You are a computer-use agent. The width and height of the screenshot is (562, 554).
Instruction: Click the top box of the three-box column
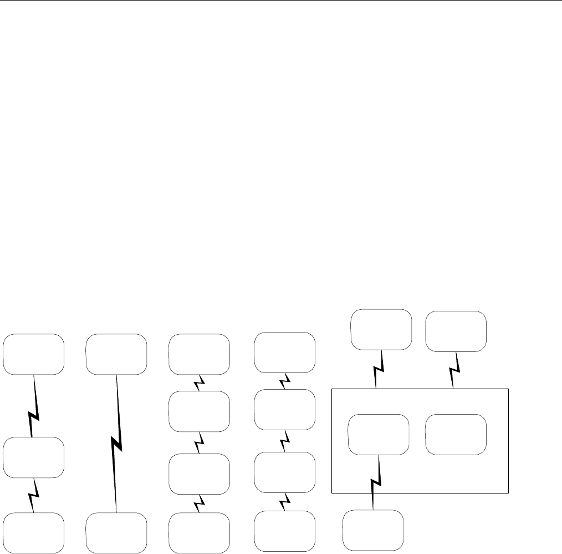[x=33, y=354]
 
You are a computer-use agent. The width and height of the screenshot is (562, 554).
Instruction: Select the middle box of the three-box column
[x=33, y=458]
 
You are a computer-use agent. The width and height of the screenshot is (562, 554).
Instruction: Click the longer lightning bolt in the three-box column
[x=33, y=406]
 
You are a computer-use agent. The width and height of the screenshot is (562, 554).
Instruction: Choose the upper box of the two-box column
[x=116, y=354]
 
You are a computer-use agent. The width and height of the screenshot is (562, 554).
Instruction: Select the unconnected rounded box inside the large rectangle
[x=456, y=434]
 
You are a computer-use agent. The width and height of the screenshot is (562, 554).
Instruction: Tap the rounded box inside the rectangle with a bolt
[x=378, y=434]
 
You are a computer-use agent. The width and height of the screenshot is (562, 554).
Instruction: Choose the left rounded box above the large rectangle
[x=382, y=330]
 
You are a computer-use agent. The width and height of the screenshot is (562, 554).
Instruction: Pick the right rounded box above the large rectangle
[x=456, y=331]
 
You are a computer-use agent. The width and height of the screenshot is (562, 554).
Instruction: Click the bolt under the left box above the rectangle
[x=377, y=369]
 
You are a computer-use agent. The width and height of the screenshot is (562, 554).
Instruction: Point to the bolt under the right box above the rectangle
[x=454, y=370]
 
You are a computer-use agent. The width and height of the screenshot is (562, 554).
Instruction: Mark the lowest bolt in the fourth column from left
[x=285, y=503]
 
